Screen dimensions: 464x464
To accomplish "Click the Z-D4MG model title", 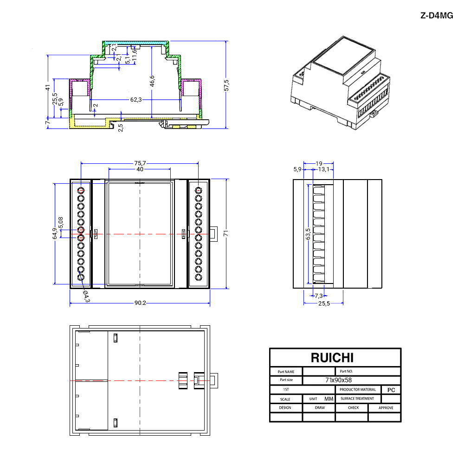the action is tap(437, 15).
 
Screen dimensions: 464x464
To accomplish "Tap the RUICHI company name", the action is tap(332, 358).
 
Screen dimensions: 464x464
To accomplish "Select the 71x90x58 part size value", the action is tap(339, 380).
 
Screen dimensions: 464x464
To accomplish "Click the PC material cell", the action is tap(391, 390).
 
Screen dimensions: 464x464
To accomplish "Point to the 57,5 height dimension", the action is tap(226, 85).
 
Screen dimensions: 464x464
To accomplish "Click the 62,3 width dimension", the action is tap(136, 100).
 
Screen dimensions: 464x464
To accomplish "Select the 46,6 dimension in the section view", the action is tap(152, 81).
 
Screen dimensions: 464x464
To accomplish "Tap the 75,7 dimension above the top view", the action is tap(140, 163).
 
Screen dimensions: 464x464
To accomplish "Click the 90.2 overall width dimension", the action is tap(140, 303).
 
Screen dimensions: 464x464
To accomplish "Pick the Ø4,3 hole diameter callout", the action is tap(86, 296).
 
